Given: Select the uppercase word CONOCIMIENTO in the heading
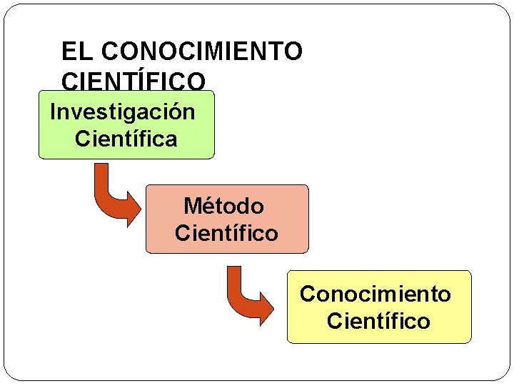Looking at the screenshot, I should coord(202,51).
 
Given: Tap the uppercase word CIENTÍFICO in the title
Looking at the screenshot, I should coord(133,80).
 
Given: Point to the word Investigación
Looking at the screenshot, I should coord(122,112).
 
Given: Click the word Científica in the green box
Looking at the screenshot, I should coord(126,139).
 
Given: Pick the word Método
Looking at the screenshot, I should coord(223,207).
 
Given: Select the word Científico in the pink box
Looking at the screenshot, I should coord(226,233).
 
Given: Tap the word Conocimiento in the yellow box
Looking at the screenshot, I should coord(376,294).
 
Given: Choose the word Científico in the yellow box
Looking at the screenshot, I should coord(378,321).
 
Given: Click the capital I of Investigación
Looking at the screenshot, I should coord(53,112).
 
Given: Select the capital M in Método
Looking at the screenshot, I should coord(192,207).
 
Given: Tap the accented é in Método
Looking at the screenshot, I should coord(210,207).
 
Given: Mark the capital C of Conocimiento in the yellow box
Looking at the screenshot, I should coord(307,294).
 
